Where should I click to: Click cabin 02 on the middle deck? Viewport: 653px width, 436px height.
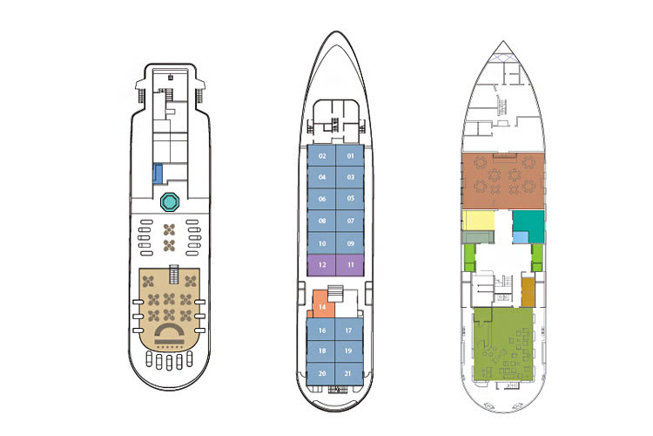(321, 156)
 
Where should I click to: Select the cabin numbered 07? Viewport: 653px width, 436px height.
(350, 221)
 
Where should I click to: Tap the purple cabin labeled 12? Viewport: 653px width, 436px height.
(321, 265)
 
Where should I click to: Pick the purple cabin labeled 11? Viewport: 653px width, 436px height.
(350, 265)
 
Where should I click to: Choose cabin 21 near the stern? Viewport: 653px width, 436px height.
(348, 373)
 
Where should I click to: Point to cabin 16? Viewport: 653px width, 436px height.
(321, 330)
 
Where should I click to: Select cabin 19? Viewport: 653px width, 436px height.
(348, 351)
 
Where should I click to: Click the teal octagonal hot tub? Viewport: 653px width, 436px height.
(170, 202)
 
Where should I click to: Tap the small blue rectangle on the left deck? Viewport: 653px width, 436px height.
(158, 174)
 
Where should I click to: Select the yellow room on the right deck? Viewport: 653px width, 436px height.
(478, 221)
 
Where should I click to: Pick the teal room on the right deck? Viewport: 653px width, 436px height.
(528, 223)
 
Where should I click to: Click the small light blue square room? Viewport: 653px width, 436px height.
(520, 237)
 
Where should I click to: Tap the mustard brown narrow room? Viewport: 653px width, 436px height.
(528, 292)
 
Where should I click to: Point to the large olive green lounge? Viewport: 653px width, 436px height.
(504, 344)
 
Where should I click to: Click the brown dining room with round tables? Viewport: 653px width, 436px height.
(503, 181)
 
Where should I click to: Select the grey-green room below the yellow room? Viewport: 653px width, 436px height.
(478, 237)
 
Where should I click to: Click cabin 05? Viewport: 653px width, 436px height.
(350, 199)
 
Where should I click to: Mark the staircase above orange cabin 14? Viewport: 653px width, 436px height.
(335, 294)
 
